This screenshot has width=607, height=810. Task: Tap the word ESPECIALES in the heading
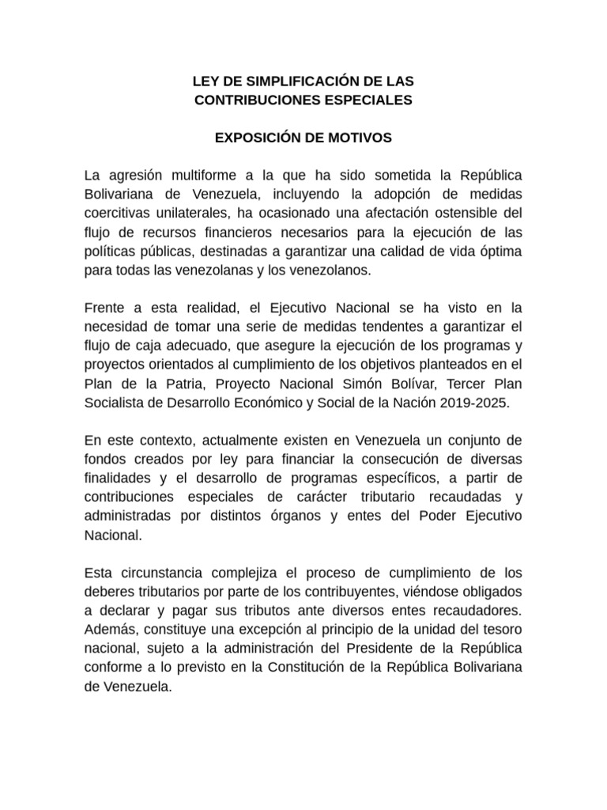pyautogui.click(x=368, y=100)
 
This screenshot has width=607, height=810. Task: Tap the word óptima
pyautogui.click(x=496, y=251)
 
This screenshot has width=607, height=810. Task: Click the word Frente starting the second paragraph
pyautogui.click(x=107, y=307)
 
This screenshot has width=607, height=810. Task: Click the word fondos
pyautogui.click(x=107, y=458)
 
